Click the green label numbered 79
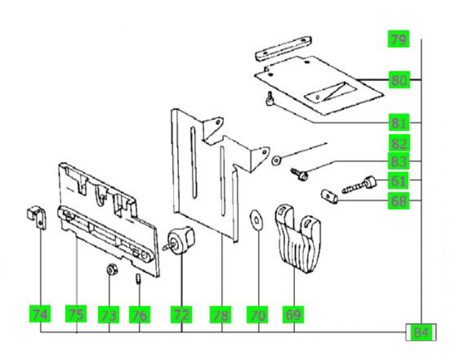[x=398, y=39]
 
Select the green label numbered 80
[x=398, y=80]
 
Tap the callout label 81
[x=398, y=123]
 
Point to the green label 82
[x=398, y=144]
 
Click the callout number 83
[x=398, y=162]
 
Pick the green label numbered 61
[x=398, y=181]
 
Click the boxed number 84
[x=421, y=333]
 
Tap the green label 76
[x=139, y=314]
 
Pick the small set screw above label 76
[x=139, y=280]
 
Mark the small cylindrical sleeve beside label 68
[x=328, y=197]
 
